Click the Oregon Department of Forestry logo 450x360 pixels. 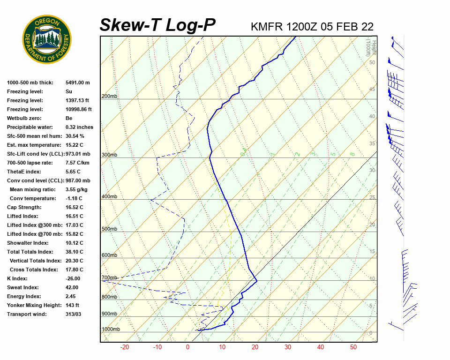tap(47, 39)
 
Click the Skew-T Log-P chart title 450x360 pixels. tap(157, 25)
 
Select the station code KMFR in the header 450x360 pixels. tap(267, 26)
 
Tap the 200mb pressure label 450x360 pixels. tap(109, 97)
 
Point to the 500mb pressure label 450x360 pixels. tap(109, 229)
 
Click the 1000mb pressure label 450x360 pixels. tap(111, 330)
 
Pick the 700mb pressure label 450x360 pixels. tap(109, 278)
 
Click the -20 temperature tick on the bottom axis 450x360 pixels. tap(125, 347)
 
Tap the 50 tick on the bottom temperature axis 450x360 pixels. tap(353, 347)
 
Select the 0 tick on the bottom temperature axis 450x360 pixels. tap(187, 347)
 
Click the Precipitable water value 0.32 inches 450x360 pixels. tap(79, 127)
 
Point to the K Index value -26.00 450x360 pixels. tap(75, 278)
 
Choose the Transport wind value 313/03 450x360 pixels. tap(74, 314)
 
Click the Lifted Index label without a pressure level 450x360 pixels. tap(22, 216)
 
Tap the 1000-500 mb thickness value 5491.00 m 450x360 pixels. tap(77, 82)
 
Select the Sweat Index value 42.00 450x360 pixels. tap(72, 287)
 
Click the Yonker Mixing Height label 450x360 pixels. tap(34, 305)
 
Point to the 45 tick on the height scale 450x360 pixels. tap(372, 90)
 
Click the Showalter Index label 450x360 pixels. tap(28, 243)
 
